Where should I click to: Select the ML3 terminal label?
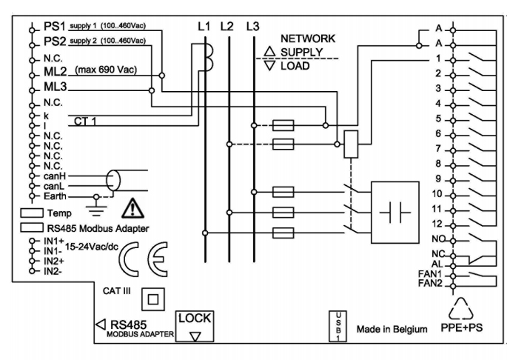[x=58, y=87]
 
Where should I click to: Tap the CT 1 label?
[x=87, y=121]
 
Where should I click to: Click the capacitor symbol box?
[x=400, y=210]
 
